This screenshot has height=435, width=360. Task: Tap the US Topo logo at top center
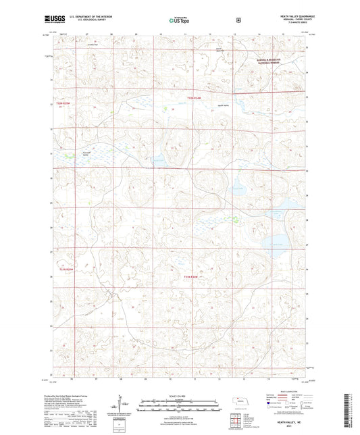pos(178,20)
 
